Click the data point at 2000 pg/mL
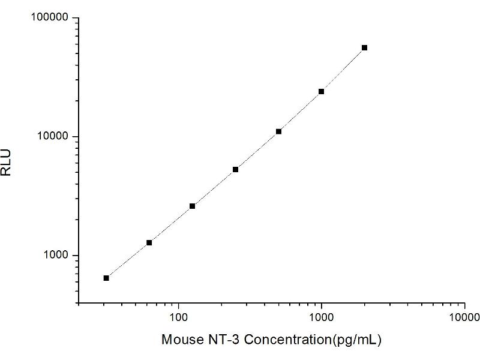364,47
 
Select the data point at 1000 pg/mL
321,91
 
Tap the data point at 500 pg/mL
278,131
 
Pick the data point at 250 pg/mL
235,169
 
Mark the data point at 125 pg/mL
192,206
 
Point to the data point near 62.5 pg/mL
149,242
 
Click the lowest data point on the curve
106,278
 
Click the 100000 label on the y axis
50,18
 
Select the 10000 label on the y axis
52,137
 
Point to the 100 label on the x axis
178,316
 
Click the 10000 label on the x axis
464,316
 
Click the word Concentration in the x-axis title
281,340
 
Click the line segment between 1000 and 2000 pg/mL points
343,70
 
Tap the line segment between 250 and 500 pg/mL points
257,151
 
